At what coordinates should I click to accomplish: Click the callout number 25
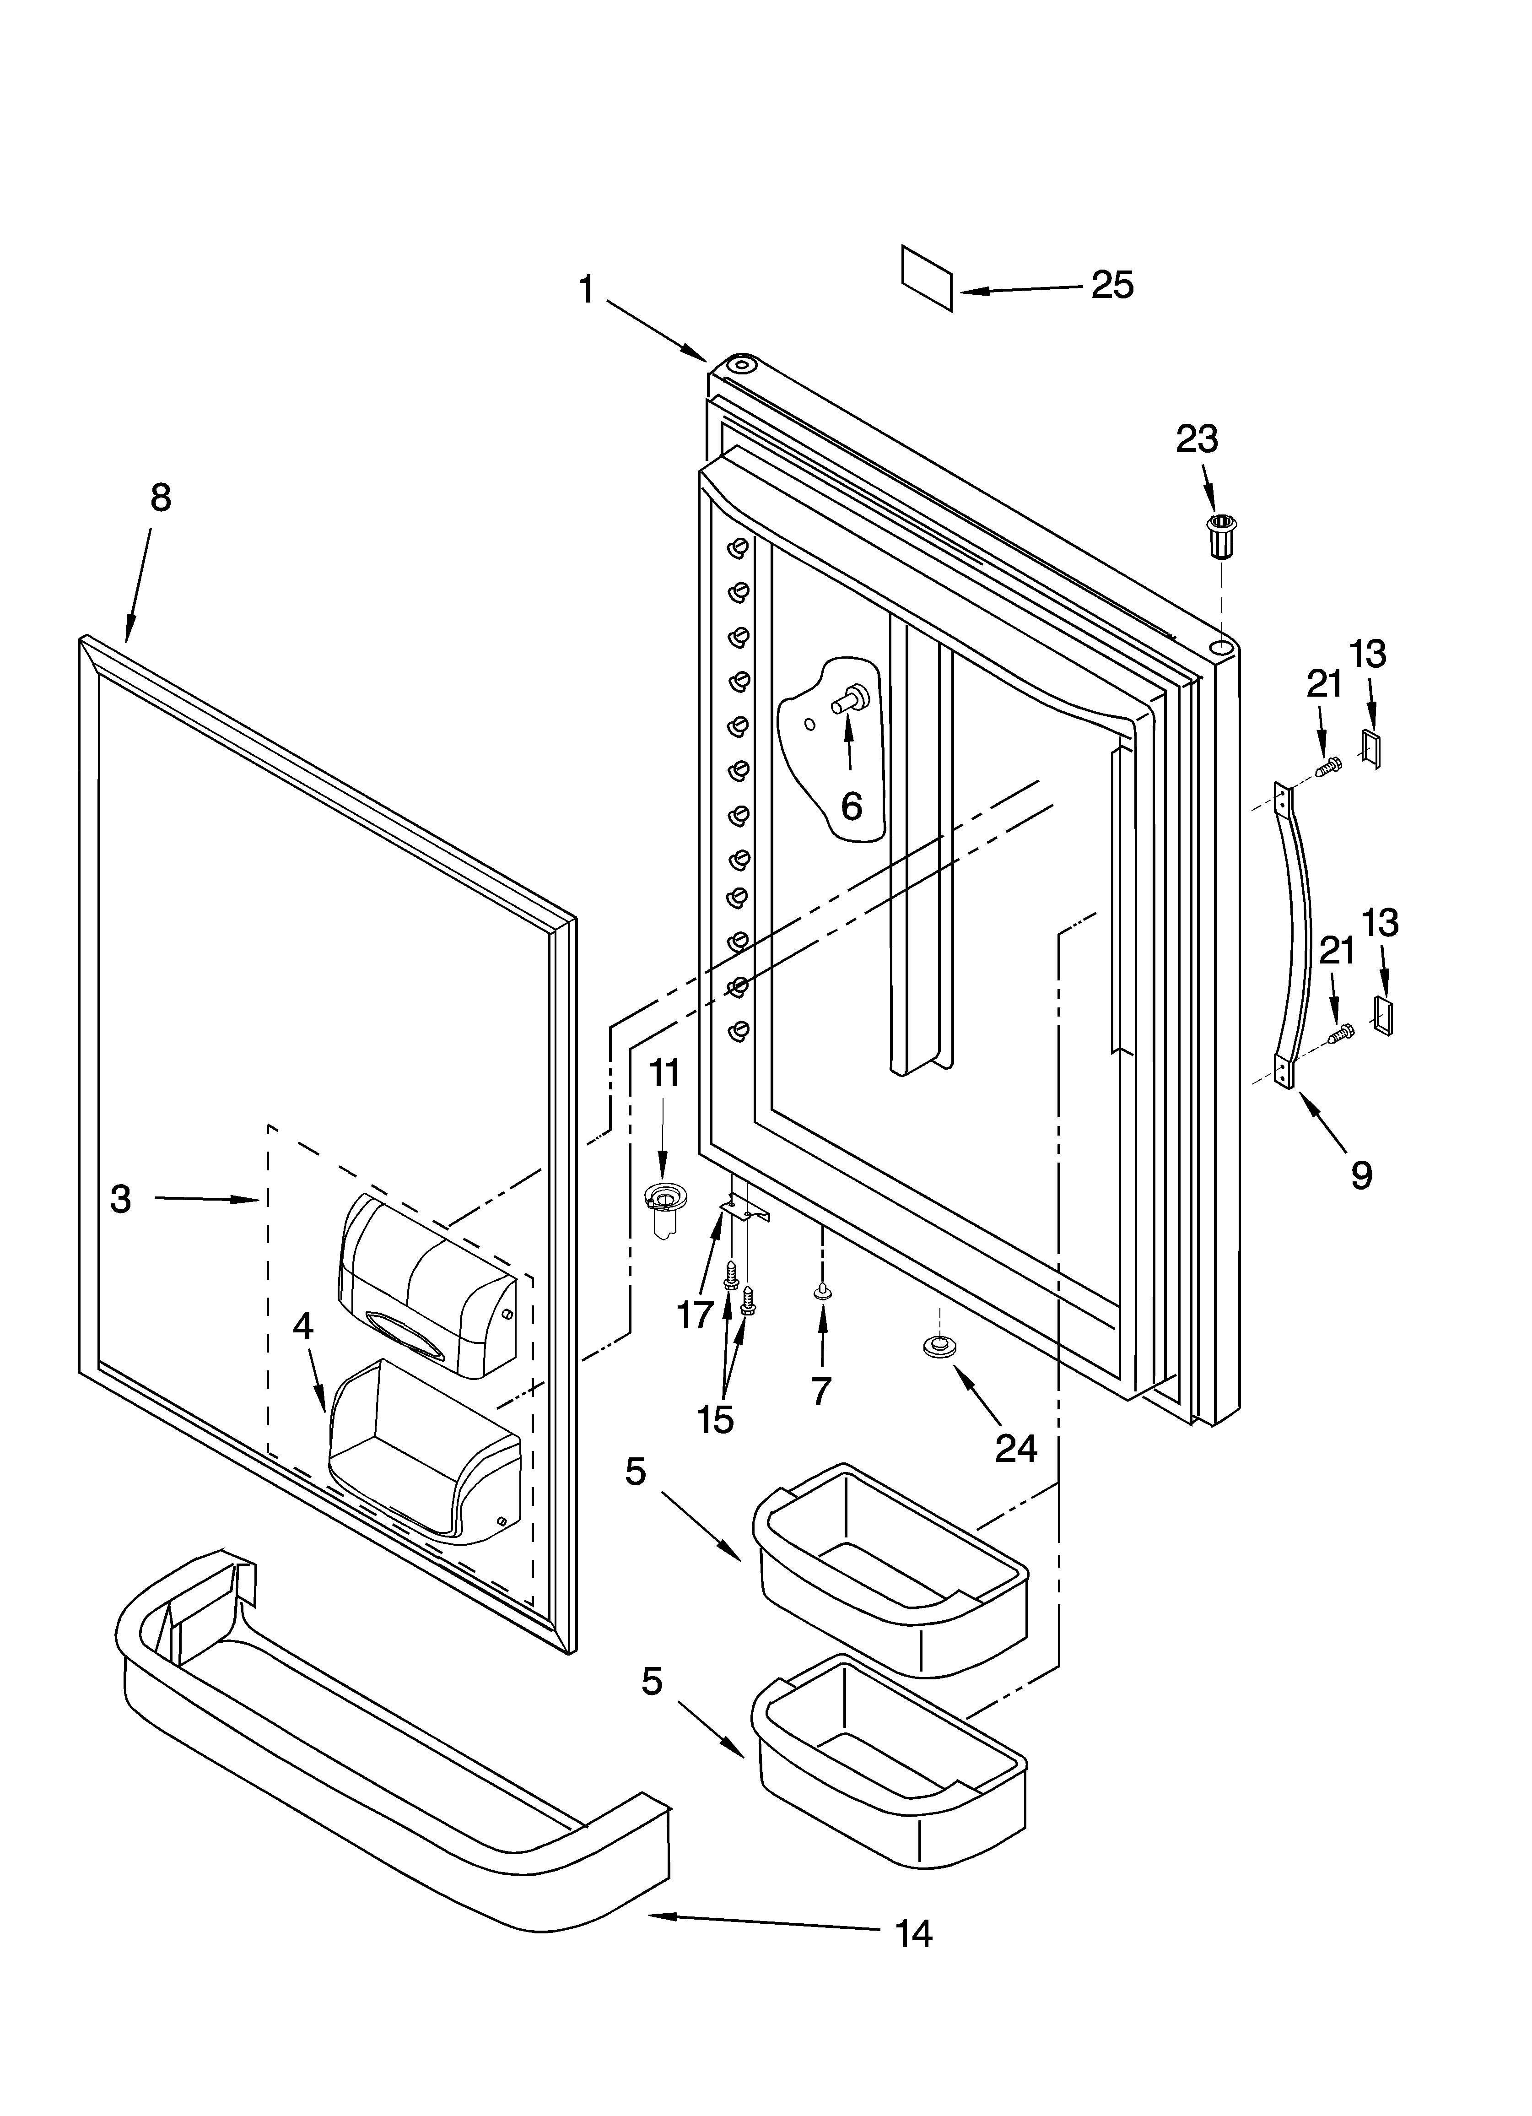point(1113,285)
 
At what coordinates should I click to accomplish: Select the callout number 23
point(1197,438)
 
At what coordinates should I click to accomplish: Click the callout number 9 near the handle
point(1361,1176)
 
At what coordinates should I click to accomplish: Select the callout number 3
point(120,1199)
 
